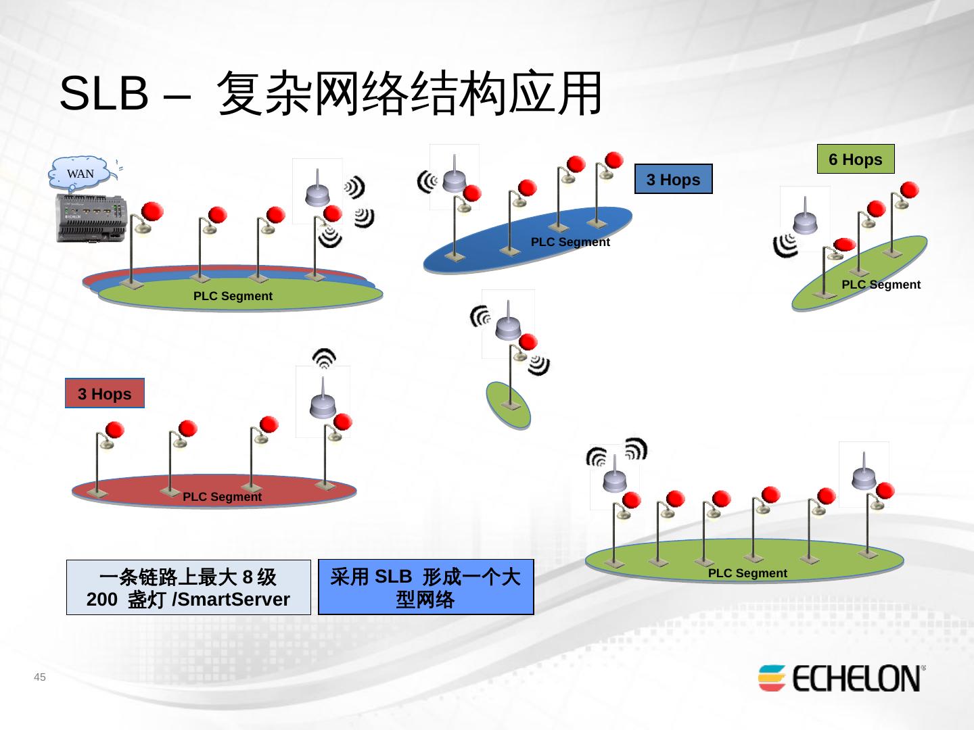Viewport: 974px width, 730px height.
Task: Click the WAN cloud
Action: coord(80,174)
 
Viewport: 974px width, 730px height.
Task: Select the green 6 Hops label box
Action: coord(856,160)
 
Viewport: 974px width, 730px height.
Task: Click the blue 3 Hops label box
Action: coord(673,180)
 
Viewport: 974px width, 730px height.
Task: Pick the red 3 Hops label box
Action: coord(105,394)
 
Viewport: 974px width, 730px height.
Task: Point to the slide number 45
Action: coord(40,677)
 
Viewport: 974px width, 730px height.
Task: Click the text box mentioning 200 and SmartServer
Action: coord(188,587)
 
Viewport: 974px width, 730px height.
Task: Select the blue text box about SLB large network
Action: coord(425,587)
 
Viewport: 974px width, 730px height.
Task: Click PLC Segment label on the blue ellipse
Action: coord(570,242)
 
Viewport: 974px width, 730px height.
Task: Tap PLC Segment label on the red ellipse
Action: coord(222,497)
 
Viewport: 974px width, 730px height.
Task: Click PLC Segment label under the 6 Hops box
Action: coord(881,285)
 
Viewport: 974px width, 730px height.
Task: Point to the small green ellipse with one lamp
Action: coord(508,404)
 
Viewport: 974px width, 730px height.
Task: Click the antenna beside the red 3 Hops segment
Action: coord(323,401)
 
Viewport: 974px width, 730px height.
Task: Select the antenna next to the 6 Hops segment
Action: coord(805,218)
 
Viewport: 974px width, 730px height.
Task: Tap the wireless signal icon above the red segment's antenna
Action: coord(325,357)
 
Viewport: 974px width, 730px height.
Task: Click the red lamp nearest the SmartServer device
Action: coord(152,212)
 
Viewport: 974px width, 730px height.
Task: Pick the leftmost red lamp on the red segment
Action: coord(114,431)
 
